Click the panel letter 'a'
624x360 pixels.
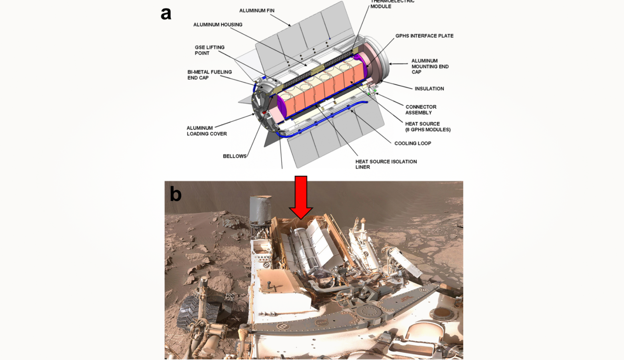[166, 14]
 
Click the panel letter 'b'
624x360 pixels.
[176, 194]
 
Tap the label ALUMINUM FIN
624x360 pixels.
[256, 11]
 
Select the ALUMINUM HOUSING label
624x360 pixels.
[218, 25]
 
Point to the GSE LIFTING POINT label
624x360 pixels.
[209, 50]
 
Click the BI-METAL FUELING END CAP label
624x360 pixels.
[209, 75]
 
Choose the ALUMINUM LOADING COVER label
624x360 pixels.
[206, 131]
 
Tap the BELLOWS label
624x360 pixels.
[234, 156]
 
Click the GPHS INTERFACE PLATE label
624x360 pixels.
[424, 36]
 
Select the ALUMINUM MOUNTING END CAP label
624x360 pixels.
[430, 66]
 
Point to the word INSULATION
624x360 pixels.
[429, 89]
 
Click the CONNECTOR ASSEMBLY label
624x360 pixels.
[420, 110]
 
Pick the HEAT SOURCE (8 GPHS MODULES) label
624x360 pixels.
[427, 127]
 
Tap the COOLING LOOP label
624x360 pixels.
[412, 143]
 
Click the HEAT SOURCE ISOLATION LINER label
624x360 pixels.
[386, 164]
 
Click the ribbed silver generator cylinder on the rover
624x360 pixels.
[303, 248]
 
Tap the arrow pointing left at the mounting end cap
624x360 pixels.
[398, 64]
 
